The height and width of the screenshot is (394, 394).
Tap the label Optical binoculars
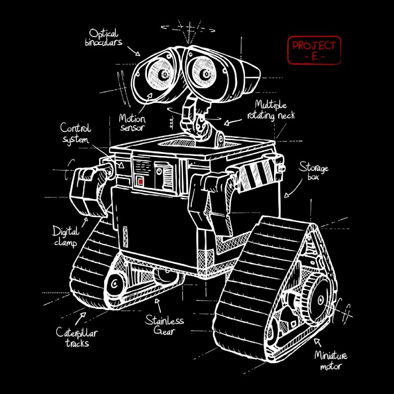[103, 38]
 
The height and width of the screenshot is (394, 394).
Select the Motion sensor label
[132, 123]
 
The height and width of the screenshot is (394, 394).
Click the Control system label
[75, 133]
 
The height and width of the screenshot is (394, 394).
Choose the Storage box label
[313, 172]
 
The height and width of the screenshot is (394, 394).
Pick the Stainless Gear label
[164, 326]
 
